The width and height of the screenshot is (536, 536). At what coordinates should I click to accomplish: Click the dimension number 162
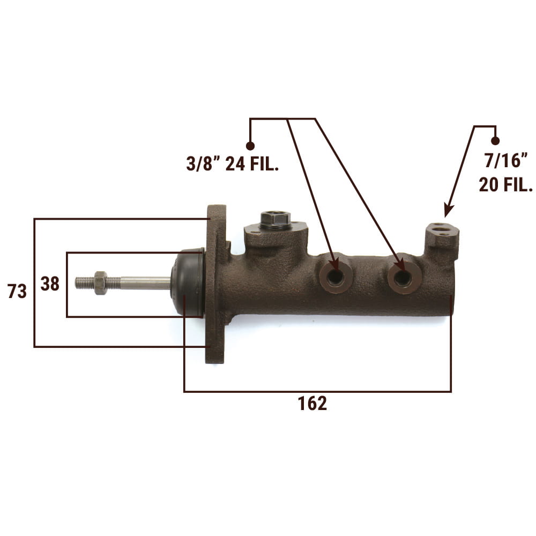pos(312,404)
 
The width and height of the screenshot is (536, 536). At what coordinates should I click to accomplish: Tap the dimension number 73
pos(17,292)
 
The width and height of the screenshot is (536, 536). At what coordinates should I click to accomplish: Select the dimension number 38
pos(50,284)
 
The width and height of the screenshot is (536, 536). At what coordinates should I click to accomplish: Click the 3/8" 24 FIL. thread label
pos(233,163)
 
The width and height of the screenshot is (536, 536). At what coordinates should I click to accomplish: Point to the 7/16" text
pos(506,160)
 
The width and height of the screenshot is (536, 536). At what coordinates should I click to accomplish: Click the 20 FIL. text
pos(506,184)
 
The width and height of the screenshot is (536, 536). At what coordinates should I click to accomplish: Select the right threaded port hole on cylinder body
pos(403,278)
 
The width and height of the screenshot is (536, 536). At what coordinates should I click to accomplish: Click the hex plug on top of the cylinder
pos(276,220)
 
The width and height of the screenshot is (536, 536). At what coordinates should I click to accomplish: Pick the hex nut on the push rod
pos(101,282)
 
